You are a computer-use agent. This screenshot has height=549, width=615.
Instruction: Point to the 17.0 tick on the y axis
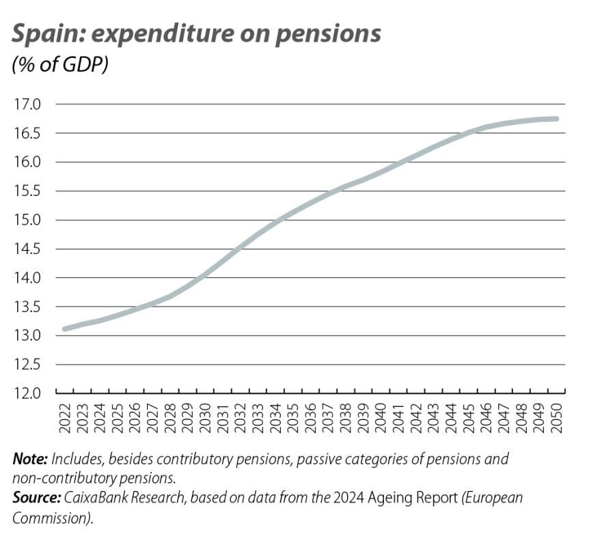(x=28, y=104)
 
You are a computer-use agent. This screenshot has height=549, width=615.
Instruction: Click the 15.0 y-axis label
(x=28, y=220)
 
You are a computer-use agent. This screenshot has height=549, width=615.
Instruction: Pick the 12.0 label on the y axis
(x=28, y=393)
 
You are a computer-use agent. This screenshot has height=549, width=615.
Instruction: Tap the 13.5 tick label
(x=28, y=307)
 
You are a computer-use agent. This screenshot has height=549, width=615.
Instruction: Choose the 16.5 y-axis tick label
(x=28, y=133)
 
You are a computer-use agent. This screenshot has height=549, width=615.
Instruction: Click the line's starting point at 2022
(x=64, y=328)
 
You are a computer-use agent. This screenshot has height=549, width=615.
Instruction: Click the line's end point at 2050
(x=557, y=119)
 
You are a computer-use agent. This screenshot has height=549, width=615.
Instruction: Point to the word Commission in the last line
(x=51, y=518)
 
